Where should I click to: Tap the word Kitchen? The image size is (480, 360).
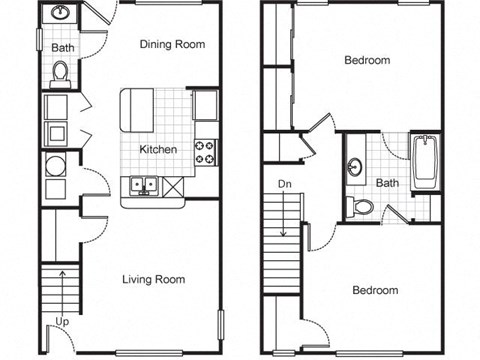point(158,149)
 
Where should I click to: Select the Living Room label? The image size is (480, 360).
point(154,279)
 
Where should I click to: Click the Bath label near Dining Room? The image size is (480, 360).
point(63,47)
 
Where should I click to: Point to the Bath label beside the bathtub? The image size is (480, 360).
point(388,183)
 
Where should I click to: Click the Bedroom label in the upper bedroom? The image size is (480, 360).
point(367,60)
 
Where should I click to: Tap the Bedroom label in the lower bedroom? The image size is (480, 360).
point(375,290)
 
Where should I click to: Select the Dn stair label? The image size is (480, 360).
point(285,183)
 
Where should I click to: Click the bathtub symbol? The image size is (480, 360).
point(426,163)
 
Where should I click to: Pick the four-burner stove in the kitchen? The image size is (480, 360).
point(206,151)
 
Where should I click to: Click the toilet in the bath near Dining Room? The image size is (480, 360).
point(61,72)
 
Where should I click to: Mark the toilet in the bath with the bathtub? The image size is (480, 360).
point(362,207)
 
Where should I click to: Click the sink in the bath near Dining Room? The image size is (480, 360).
point(60,15)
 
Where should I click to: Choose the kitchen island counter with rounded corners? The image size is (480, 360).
point(137,108)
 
